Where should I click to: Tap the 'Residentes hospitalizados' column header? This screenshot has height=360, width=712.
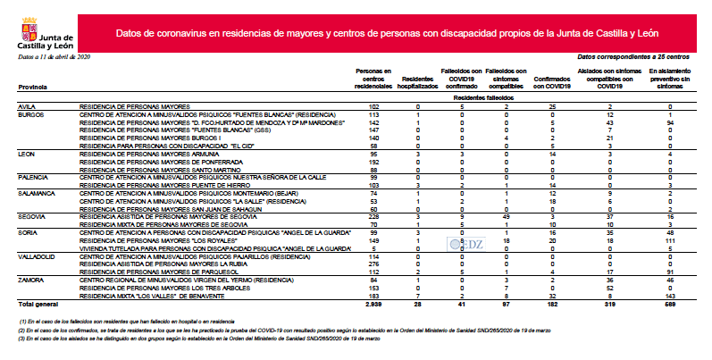(x=418, y=80)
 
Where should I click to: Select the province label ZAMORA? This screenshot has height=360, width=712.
(x=32, y=280)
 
